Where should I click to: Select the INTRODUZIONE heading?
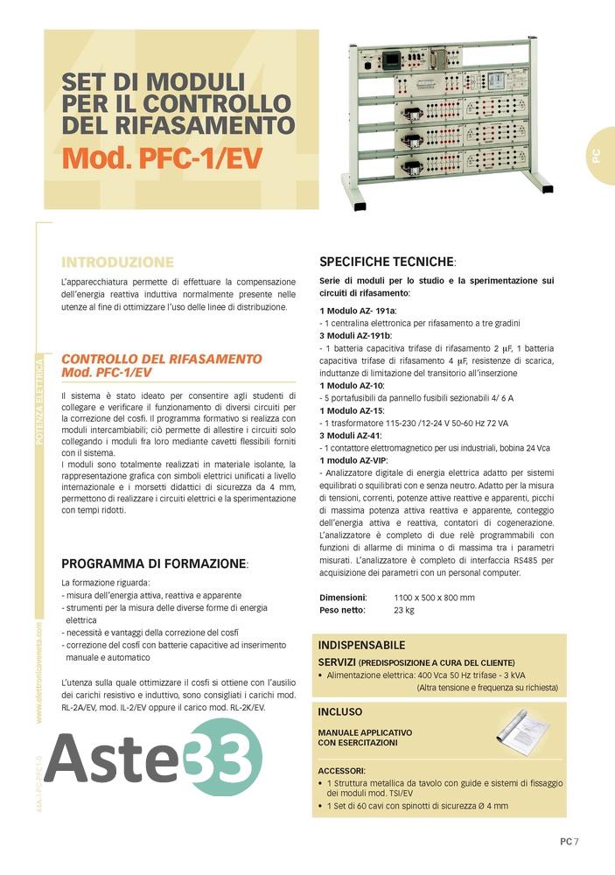pos(117,262)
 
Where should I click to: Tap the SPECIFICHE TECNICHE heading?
pos(387,262)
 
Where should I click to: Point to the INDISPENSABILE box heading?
pos(361,645)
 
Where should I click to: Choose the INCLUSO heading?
pos(339,711)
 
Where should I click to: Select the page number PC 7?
pos(570,842)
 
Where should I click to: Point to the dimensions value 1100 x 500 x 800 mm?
pos(434,598)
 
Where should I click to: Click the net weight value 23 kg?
pos(404,610)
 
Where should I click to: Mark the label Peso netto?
pos(342,610)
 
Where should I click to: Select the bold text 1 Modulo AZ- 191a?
pos(359,311)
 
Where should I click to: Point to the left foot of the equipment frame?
pos(358,201)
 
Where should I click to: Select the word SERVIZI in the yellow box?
pos(337,662)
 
